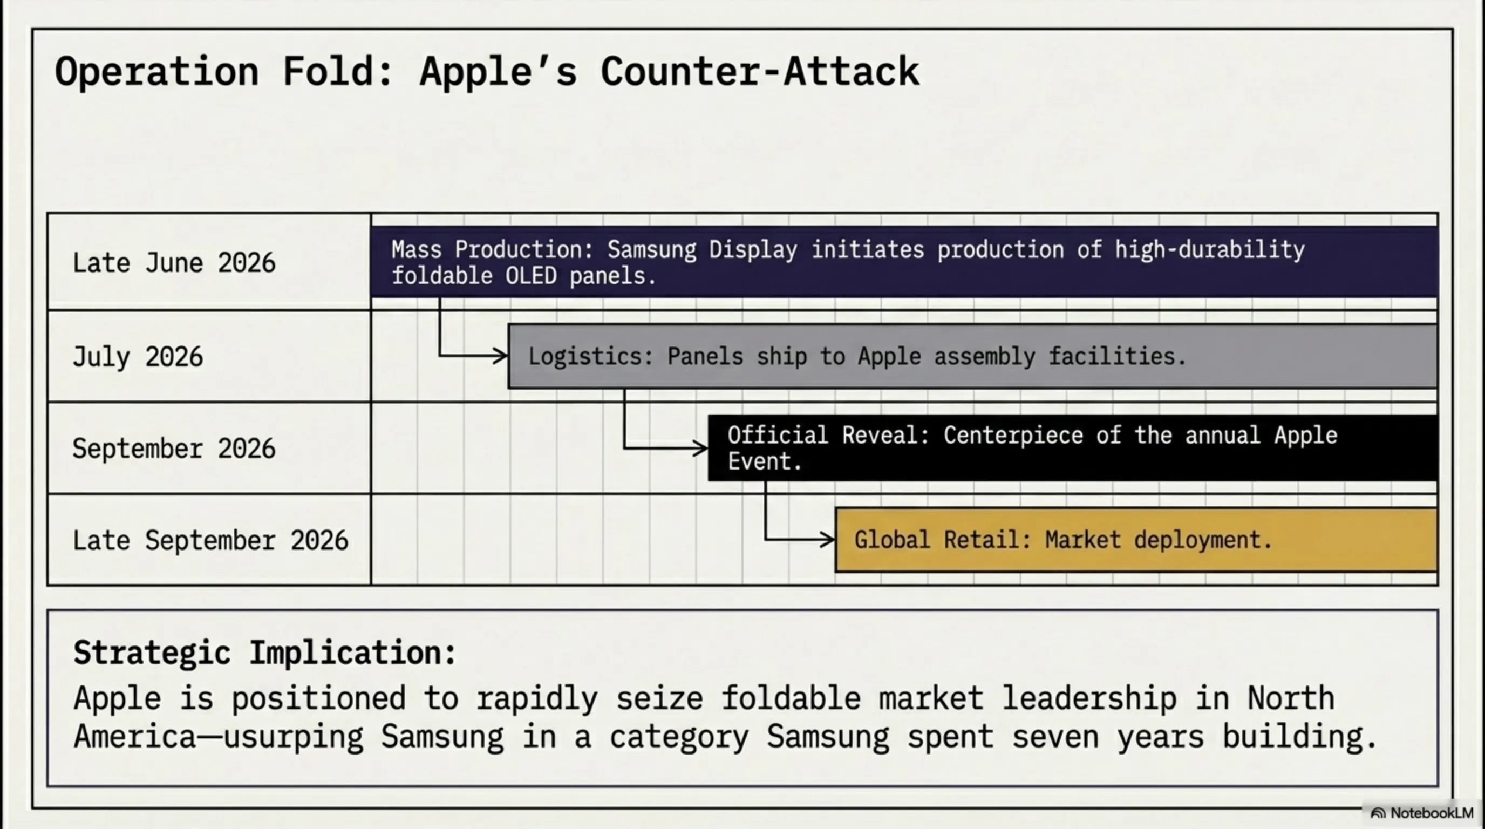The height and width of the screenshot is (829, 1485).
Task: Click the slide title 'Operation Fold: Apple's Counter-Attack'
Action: (487, 72)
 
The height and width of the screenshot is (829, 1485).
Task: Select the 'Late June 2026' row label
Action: (174, 263)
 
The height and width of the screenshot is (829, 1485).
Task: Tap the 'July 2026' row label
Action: (138, 357)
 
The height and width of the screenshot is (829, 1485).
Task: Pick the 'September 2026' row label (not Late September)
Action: (174, 449)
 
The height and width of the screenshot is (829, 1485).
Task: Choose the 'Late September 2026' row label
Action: (210, 540)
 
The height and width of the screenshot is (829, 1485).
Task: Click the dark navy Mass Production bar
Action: (904, 262)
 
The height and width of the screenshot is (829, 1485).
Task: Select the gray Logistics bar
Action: (972, 356)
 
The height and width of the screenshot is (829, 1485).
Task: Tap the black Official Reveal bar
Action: (1073, 448)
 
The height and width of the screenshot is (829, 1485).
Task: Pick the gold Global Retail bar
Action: (1136, 540)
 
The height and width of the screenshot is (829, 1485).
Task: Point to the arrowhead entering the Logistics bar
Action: (500, 356)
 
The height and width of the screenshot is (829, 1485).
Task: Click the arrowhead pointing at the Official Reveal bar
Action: (700, 448)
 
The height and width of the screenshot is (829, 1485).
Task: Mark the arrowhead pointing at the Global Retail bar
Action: (827, 540)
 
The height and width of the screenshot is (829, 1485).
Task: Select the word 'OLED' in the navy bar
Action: (531, 276)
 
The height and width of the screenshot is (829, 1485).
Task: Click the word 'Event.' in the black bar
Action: (765, 462)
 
